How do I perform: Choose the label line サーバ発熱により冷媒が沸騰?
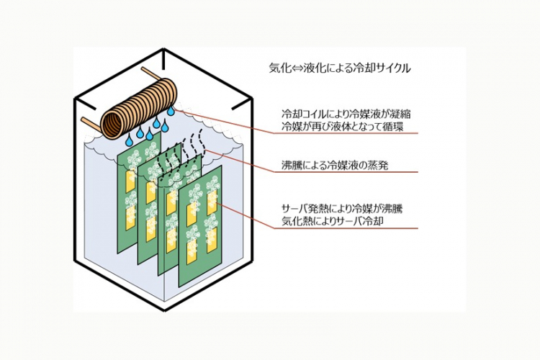point(342,210)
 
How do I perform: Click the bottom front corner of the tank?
point(165,310)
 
